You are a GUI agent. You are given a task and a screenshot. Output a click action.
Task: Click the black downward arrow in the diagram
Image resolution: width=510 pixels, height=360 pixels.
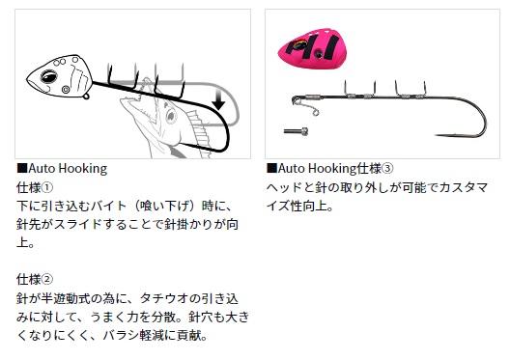(218, 99)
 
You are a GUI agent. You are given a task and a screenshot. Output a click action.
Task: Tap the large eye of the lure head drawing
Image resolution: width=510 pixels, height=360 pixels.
(49, 76)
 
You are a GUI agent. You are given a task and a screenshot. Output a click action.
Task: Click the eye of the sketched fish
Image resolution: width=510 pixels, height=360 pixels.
(170, 116)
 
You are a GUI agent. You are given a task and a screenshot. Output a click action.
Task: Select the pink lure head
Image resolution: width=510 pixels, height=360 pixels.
(312, 48)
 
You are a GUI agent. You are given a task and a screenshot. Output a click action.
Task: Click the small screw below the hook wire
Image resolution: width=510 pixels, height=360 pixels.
(296, 131)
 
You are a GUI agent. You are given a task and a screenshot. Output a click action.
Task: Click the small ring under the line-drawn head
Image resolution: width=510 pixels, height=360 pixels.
(86, 97)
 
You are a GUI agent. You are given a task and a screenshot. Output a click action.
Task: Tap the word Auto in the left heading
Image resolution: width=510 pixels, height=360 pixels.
(42, 169)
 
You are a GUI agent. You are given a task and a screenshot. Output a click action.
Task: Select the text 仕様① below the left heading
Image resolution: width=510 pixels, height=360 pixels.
(35, 187)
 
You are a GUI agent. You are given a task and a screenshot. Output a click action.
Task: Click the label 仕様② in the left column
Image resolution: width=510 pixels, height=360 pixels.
(35, 279)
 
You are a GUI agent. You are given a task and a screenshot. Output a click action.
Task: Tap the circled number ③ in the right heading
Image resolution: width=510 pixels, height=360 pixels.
(387, 169)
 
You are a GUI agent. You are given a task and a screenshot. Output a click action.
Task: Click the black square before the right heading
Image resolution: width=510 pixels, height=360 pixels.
(271, 168)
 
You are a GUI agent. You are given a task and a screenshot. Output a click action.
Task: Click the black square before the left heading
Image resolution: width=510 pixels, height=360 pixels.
(22, 168)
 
